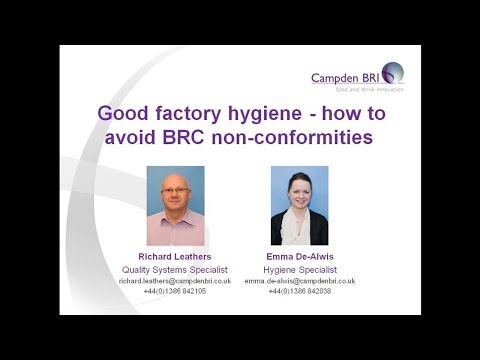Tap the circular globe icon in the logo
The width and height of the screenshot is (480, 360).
[393, 73]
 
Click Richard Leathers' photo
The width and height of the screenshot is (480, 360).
[175, 205]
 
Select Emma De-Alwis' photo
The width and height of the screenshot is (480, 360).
[299, 205]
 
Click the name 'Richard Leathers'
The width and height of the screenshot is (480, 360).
[175, 257]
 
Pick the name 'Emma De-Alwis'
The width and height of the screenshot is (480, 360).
[299, 257]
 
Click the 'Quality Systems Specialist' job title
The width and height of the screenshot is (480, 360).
[175, 269]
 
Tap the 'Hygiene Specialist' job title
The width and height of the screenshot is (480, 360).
[299, 269]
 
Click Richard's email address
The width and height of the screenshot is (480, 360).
[175, 281]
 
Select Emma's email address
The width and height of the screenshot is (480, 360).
[299, 281]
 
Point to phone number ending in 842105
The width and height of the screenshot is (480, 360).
[175, 292]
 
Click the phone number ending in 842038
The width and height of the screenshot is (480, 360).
[299, 292]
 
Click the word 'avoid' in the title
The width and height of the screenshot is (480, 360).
[137, 136]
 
